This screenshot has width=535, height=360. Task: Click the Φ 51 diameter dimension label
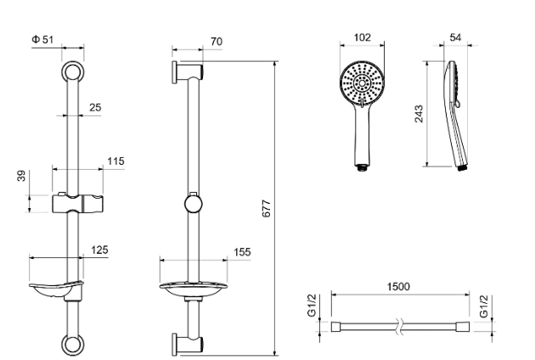[x=42, y=40]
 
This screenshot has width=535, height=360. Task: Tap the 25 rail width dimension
[x=95, y=108]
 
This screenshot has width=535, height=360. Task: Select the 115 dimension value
[x=115, y=161]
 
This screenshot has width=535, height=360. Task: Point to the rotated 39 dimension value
[x=21, y=176]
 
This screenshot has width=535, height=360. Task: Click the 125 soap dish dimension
[x=99, y=250]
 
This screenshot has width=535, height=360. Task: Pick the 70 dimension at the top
[x=217, y=42]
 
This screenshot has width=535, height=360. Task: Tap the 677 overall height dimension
[x=267, y=209]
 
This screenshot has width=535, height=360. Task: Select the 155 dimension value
[x=242, y=252]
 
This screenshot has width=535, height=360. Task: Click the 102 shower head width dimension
[x=362, y=37]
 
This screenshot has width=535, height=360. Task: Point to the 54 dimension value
[x=455, y=37]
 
